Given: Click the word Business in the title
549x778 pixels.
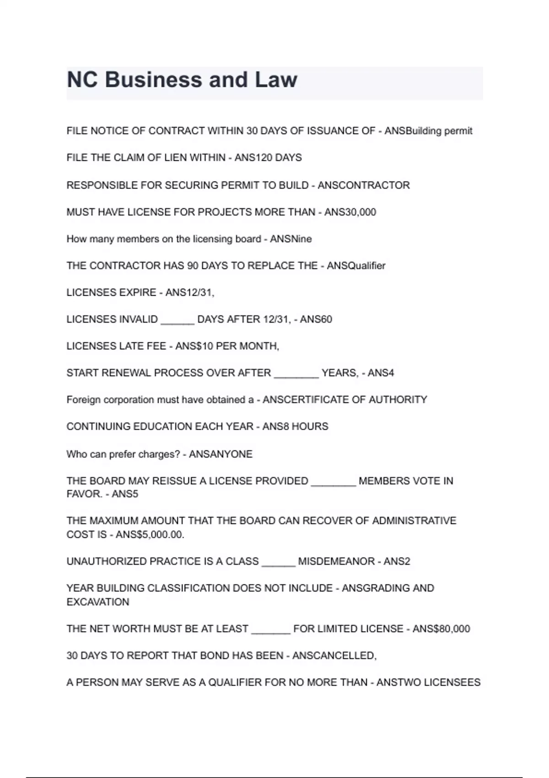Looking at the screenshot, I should tap(153, 80).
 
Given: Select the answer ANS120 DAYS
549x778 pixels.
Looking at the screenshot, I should tap(268, 158).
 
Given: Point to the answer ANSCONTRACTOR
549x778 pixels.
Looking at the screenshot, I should tap(364, 185).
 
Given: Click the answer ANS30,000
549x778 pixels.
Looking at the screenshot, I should tap(350, 212).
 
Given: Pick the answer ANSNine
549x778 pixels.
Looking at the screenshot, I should tap(291, 239).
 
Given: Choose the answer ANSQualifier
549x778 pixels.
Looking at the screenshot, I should tap(356, 266).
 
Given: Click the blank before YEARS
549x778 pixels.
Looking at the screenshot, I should tap(296, 375).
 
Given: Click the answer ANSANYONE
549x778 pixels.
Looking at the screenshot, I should tap(221, 454).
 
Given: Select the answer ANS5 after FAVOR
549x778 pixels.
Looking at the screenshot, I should tap(125, 494).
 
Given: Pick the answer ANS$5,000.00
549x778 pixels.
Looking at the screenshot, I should tap(150, 535).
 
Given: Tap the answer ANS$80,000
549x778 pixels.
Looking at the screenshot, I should tap(441, 629).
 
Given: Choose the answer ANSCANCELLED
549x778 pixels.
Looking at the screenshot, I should tap(334, 656).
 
